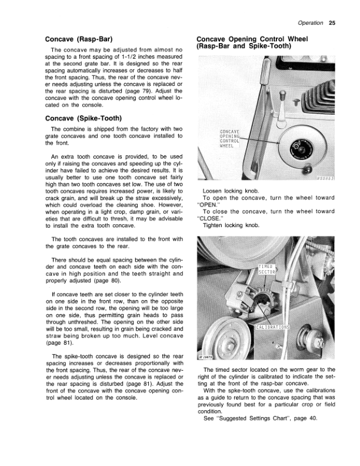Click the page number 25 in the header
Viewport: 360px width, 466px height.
tap(332, 24)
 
